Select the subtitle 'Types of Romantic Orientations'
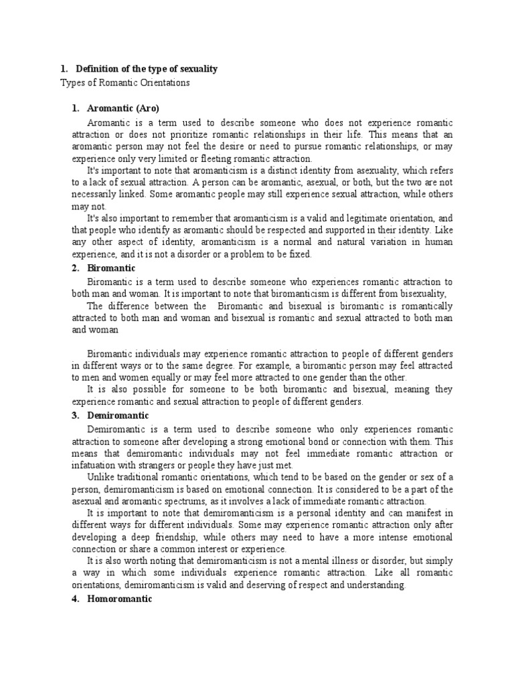[x=125, y=82]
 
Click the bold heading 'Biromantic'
[x=111, y=268]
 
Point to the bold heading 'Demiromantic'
[x=118, y=415]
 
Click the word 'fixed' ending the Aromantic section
[x=298, y=255]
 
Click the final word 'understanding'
[x=373, y=585]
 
